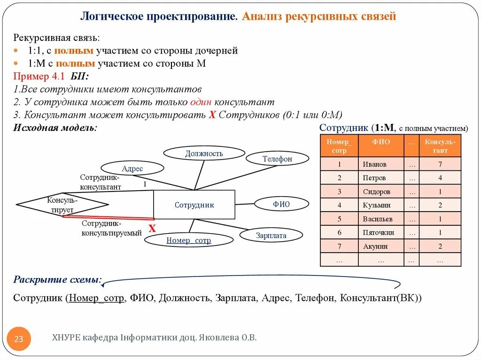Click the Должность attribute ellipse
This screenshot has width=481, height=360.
204,153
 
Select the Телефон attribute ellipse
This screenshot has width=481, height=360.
277,159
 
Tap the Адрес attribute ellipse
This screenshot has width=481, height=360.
132,169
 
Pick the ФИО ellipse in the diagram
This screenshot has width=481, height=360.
281,204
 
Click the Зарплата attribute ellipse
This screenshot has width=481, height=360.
271,235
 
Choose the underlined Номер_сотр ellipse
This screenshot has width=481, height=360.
188,240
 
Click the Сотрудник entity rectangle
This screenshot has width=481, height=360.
194,205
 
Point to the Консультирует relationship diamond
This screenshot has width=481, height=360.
62,205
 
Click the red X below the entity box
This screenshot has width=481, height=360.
152,229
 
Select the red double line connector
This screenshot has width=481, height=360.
108,217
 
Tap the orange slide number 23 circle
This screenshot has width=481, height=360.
19,339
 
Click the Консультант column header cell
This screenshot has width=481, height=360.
440,146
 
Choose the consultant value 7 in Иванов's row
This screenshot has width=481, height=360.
440,164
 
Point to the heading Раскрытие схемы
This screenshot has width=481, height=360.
57,280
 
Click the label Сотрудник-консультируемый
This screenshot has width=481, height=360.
112,228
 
